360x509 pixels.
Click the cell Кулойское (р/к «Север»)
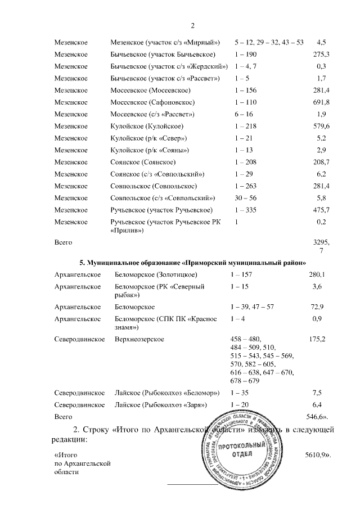click(150, 138)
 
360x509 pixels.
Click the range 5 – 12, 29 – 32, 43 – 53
click(268, 42)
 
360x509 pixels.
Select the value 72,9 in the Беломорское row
click(319, 307)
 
